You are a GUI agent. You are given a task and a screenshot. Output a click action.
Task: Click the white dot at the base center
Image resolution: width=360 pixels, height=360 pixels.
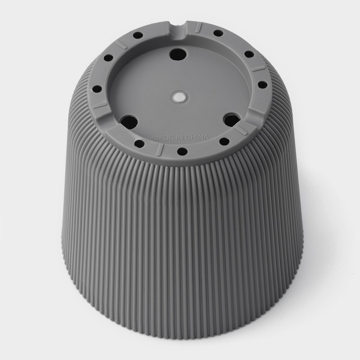(x=179, y=97)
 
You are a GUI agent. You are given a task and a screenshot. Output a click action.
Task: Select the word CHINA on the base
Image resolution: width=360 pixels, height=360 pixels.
(x=197, y=137)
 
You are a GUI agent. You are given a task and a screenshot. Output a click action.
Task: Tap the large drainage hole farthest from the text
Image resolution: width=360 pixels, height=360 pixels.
(x=178, y=54)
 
